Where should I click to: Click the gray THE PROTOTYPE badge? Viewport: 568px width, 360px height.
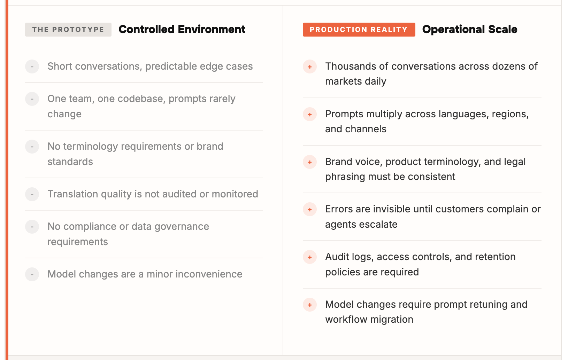pos(68,30)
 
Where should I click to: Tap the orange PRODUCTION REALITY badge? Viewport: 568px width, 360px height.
pos(359,30)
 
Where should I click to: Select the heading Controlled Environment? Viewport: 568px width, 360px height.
pos(182,29)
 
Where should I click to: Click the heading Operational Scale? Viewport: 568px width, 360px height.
pos(470,29)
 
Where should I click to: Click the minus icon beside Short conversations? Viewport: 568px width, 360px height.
pos(32,66)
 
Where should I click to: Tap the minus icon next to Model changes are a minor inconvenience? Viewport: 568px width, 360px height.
pos(32,274)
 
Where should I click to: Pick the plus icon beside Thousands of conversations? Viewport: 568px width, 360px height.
pos(309,66)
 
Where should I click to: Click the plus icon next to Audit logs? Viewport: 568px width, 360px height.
pos(309,257)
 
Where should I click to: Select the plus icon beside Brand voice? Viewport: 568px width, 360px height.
pos(309,162)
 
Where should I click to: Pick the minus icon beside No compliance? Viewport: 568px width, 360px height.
pos(32,227)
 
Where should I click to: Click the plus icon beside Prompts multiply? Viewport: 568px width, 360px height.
pos(309,114)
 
